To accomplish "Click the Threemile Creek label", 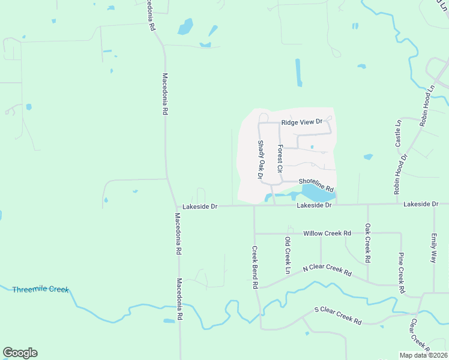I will coord(41,290).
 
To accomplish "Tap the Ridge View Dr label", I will coord(302,121).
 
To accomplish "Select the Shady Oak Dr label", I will coord(261,160).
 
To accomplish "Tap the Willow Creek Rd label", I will coord(327,233).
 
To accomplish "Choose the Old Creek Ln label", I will coord(288,256).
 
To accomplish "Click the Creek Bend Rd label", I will coord(255,268).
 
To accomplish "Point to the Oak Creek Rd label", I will coord(368,244).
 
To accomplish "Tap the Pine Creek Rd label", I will coord(401,272).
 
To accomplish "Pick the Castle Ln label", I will coord(398,133).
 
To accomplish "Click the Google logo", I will coord(20,353).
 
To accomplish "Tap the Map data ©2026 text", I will coord(424,355).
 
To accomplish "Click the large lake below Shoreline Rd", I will coord(318,193).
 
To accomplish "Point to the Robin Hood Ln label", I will coord(428,105).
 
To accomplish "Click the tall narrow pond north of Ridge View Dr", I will coord(298,73).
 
